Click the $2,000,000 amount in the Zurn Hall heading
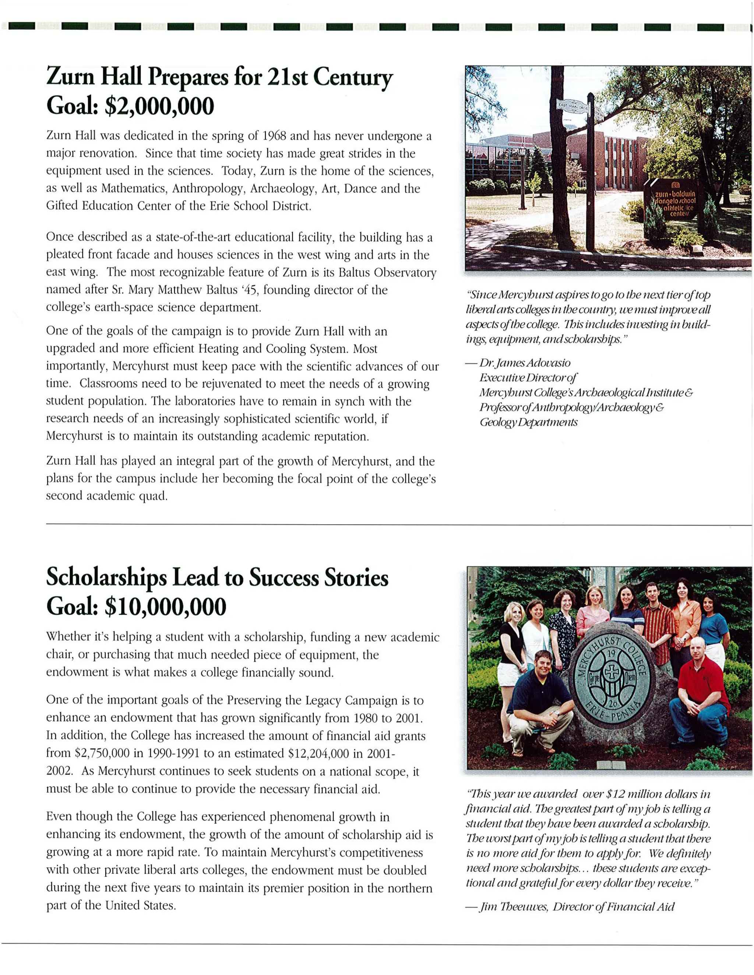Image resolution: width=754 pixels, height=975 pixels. click(x=159, y=107)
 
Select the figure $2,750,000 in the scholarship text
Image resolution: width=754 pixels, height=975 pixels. click(x=102, y=754)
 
